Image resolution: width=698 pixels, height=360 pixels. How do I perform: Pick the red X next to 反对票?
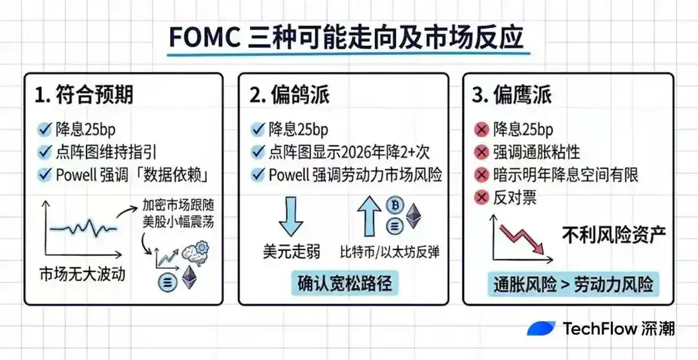(x=481, y=197)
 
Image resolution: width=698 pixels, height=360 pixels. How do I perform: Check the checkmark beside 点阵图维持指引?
(x=45, y=153)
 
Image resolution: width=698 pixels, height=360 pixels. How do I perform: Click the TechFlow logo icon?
(x=541, y=328)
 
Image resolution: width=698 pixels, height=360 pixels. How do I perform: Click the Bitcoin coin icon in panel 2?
(x=394, y=205)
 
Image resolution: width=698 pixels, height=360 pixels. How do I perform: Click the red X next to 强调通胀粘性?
(x=481, y=153)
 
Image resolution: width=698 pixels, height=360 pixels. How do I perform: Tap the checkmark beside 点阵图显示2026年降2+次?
(x=258, y=153)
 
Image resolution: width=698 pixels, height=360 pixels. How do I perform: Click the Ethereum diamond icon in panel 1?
(x=189, y=279)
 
